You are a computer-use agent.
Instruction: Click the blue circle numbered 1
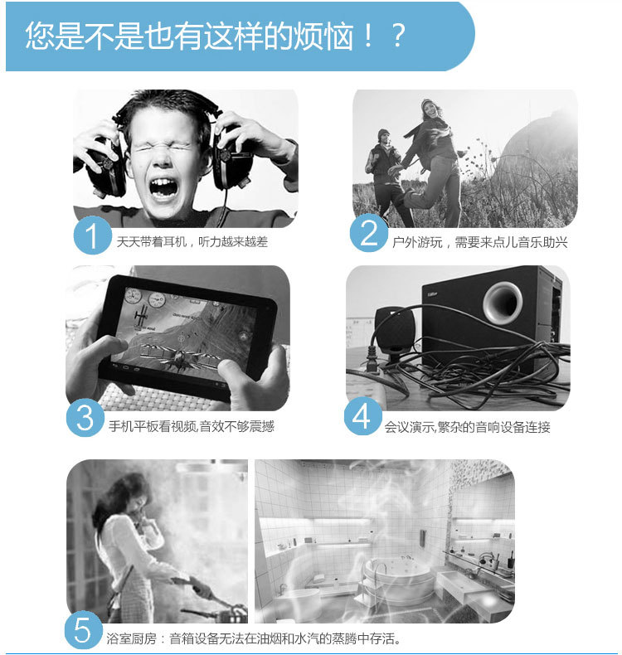[x=92, y=235]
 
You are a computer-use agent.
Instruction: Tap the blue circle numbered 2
[x=369, y=233]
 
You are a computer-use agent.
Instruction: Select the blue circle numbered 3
[x=85, y=418]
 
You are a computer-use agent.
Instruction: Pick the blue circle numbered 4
[x=363, y=416]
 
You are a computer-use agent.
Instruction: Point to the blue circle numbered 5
[x=83, y=630]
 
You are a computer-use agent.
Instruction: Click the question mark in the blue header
[x=399, y=35]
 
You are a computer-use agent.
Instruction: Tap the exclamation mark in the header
[x=368, y=35]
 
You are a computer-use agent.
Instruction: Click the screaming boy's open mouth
[x=163, y=187]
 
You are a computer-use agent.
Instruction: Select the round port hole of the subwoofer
[x=503, y=302]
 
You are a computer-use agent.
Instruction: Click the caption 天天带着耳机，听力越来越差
[x=192, y=242]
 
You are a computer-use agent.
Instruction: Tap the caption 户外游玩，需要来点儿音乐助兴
[x=480, y=242]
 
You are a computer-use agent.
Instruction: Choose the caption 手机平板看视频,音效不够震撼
[x=192, y=426]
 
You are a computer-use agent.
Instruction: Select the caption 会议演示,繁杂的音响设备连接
[x=468, y=427]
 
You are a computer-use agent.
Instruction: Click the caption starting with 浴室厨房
[x=254, y=638]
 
